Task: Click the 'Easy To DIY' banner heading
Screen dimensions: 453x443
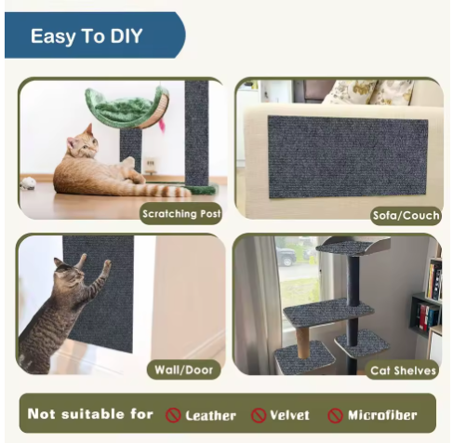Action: coord(87,36)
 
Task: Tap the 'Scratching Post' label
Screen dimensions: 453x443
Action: coord(181,214)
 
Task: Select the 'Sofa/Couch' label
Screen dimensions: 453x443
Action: coord(406,215)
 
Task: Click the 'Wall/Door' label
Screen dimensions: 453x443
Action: coord(183,369)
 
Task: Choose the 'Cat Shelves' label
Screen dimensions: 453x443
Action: coord(403,370)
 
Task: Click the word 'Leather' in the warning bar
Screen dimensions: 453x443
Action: coord(210,416)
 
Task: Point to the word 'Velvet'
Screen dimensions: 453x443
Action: coord(289,415)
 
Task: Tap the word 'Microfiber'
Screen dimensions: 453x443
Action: coord(382,415)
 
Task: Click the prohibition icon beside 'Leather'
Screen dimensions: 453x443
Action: coord(173,415)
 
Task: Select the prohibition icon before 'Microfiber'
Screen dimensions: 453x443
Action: coord(335,415)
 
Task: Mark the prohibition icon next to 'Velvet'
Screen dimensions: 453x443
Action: coord(259,415)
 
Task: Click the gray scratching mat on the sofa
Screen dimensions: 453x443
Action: coord(348,157)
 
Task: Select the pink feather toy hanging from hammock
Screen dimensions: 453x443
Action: coord(162,125)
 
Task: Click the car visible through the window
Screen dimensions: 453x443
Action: coord(286,256)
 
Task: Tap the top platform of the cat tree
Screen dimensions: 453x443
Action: coord(353,246)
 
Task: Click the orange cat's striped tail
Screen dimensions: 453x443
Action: coord(161,191)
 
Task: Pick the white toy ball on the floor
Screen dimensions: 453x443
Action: coord(29,183)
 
